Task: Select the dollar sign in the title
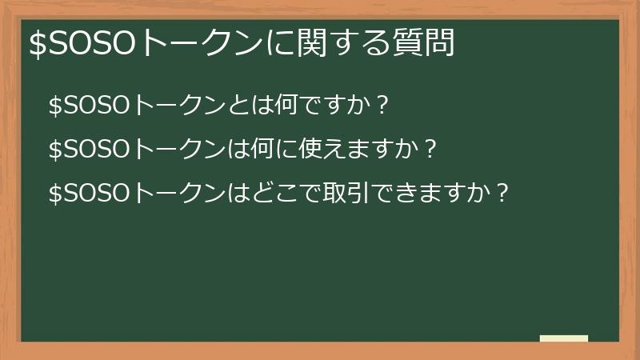(37, 44)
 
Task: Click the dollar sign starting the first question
(55, 105)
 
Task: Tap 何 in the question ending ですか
(286, 105)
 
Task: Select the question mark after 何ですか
(382, 105)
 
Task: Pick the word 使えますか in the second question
(359, 149)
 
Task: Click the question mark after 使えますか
(430, 149)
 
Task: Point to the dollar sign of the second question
(55, 149)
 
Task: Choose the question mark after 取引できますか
(502, 193)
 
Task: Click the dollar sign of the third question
(55, 193)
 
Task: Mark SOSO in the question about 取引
(96, 193)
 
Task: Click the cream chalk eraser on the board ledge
(564, 338)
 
